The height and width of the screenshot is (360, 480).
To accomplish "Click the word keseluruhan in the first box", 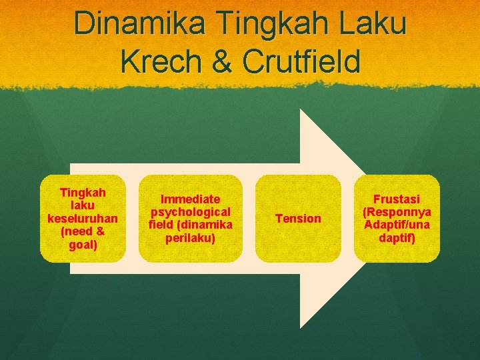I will coord(83,219).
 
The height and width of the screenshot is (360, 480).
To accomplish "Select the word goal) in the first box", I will coord(83,245).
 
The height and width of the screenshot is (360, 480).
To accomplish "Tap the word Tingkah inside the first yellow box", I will coord(83,193).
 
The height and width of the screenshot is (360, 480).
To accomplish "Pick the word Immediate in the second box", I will coord(190,199).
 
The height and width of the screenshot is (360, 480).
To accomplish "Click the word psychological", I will coord(190,212).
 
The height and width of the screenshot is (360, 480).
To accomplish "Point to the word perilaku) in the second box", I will coord(190,237).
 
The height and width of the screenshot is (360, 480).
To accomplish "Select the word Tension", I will coord(298,219).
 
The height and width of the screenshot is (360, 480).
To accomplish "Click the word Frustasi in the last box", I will coord(397,199).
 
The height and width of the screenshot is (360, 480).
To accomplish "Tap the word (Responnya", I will coord(397,212).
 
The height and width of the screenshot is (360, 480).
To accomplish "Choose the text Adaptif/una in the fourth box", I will coord(397,225).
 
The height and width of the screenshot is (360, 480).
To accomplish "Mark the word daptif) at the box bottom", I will coord(397,237).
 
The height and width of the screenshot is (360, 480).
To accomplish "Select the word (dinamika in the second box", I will coord(208,225).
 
